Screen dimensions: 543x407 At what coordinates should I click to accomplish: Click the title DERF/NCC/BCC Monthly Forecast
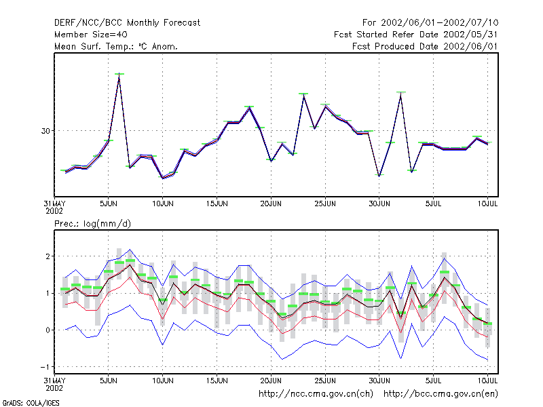point(127,23)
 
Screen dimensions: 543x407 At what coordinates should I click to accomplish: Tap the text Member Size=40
point(91,35)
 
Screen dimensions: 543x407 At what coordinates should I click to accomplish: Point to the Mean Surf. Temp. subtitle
point(115,46)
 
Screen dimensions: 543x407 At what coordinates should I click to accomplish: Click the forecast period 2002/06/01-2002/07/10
point(430,23)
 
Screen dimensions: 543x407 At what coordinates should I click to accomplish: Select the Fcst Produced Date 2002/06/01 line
point(425,46)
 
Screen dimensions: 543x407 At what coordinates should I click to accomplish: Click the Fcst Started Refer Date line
point(415,35)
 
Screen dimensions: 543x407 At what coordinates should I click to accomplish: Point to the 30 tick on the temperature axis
point(45,131)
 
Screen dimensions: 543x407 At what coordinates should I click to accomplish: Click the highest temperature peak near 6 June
point(119,74)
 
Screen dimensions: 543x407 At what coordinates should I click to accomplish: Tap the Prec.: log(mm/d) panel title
point(92,224)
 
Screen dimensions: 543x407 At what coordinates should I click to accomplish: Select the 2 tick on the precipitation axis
point(48,256)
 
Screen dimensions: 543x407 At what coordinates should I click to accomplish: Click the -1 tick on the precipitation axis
point(45,367)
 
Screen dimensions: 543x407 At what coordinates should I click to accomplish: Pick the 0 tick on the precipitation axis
point(48,330)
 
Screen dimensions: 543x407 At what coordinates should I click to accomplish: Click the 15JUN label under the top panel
point(217,204)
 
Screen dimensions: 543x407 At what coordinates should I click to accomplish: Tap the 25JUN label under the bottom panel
point(325,381)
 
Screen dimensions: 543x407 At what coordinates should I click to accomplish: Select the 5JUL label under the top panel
point(433,204)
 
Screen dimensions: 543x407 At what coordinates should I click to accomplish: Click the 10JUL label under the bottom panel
point(487,381)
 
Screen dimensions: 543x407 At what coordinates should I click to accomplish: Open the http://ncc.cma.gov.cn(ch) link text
point(316,394)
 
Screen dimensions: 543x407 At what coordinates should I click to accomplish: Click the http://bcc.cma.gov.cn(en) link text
point(441,394)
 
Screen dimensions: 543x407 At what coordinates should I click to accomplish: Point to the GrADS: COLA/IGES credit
point(31,403)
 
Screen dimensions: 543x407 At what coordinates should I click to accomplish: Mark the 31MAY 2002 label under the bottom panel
point(54,384)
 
